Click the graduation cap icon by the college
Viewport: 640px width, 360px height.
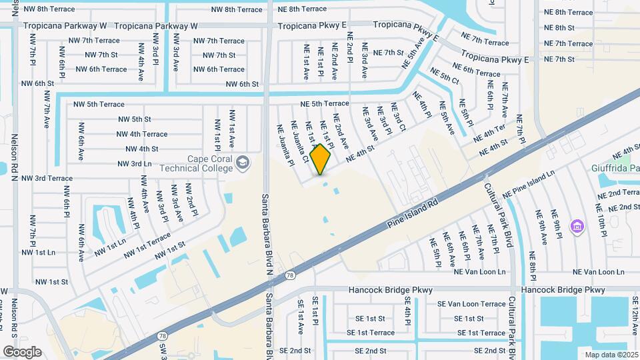coord(243,162)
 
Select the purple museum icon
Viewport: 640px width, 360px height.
coord(576,227)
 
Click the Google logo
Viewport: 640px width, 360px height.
coord(23,351)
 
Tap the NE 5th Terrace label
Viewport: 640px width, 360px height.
coord(325,103)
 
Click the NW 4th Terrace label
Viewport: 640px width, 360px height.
coord(142,134)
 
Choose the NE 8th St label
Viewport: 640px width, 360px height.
coord(559,27)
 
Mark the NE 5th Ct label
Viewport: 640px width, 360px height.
coord(445,76)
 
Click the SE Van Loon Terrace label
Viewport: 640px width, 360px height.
coord(471,304)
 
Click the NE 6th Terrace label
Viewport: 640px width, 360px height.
coord(476,69)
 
